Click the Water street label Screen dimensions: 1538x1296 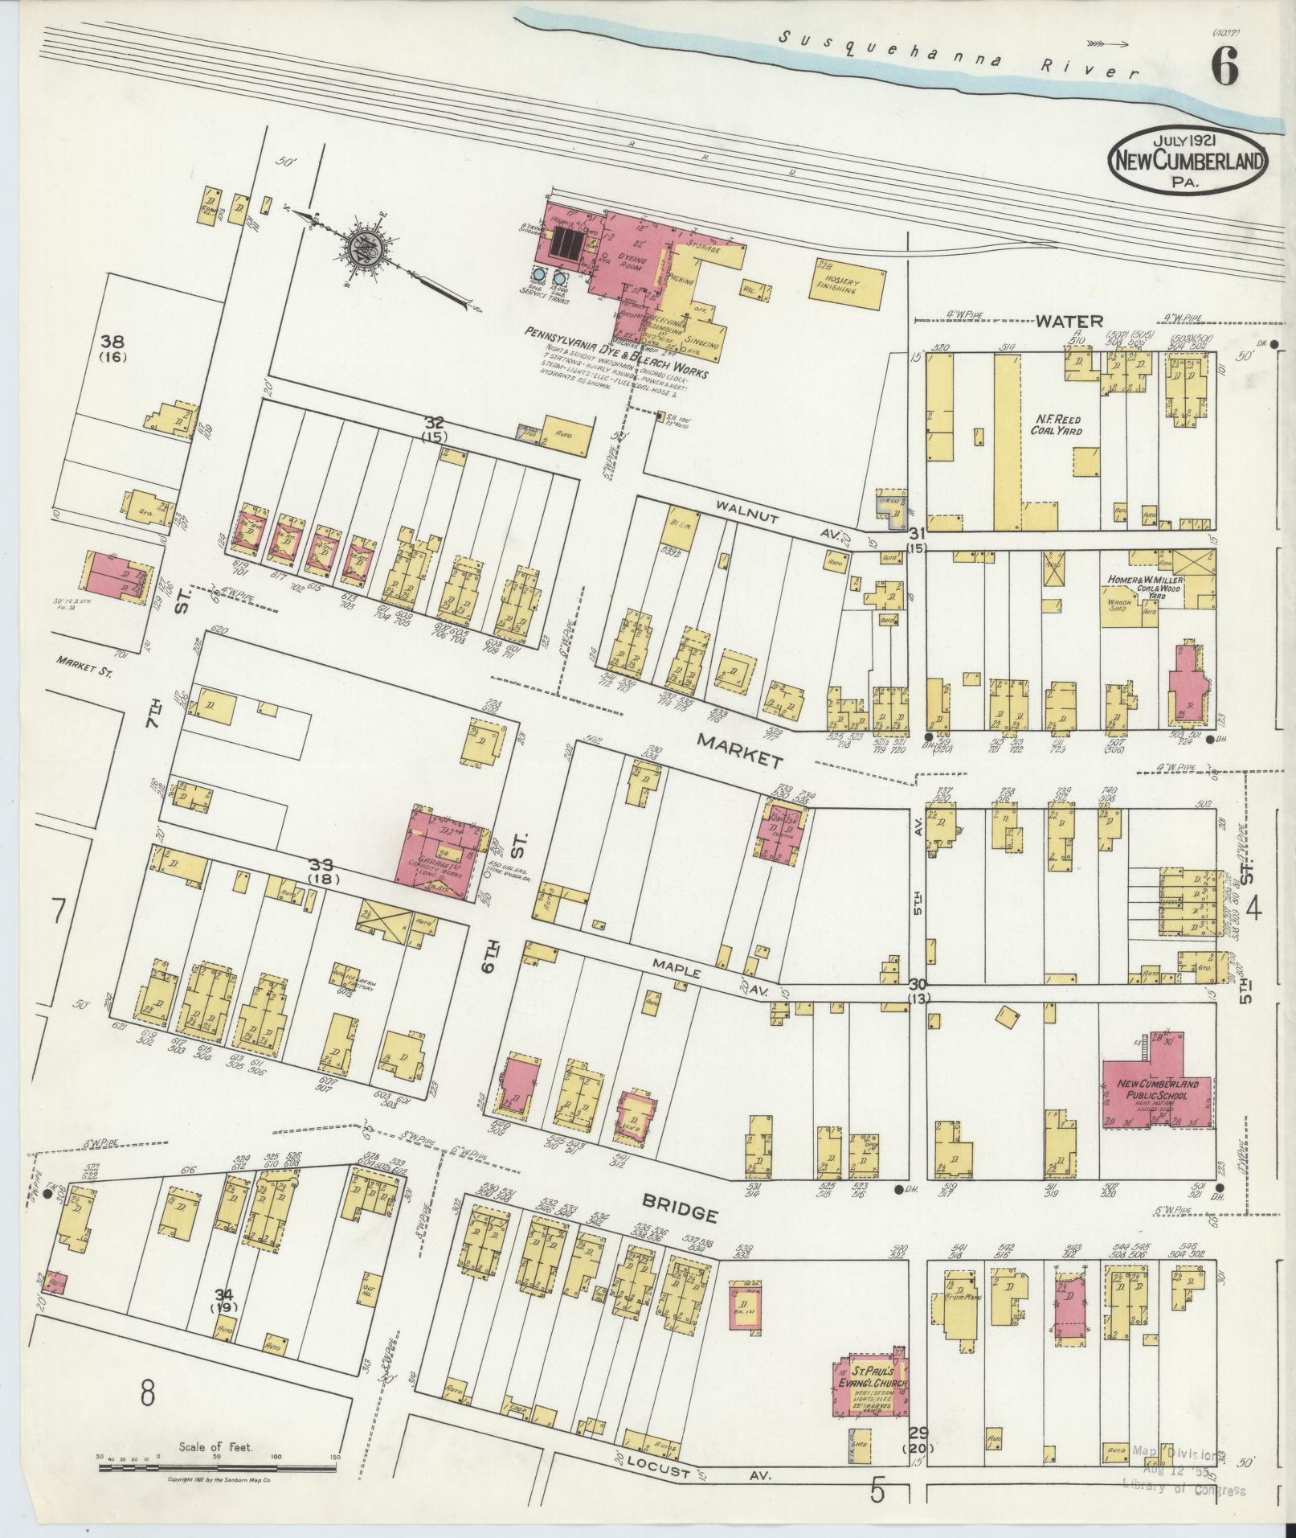tap(1064, 322)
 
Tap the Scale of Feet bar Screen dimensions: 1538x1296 tap(217, 1468)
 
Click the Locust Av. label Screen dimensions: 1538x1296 tap(691, 1473)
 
